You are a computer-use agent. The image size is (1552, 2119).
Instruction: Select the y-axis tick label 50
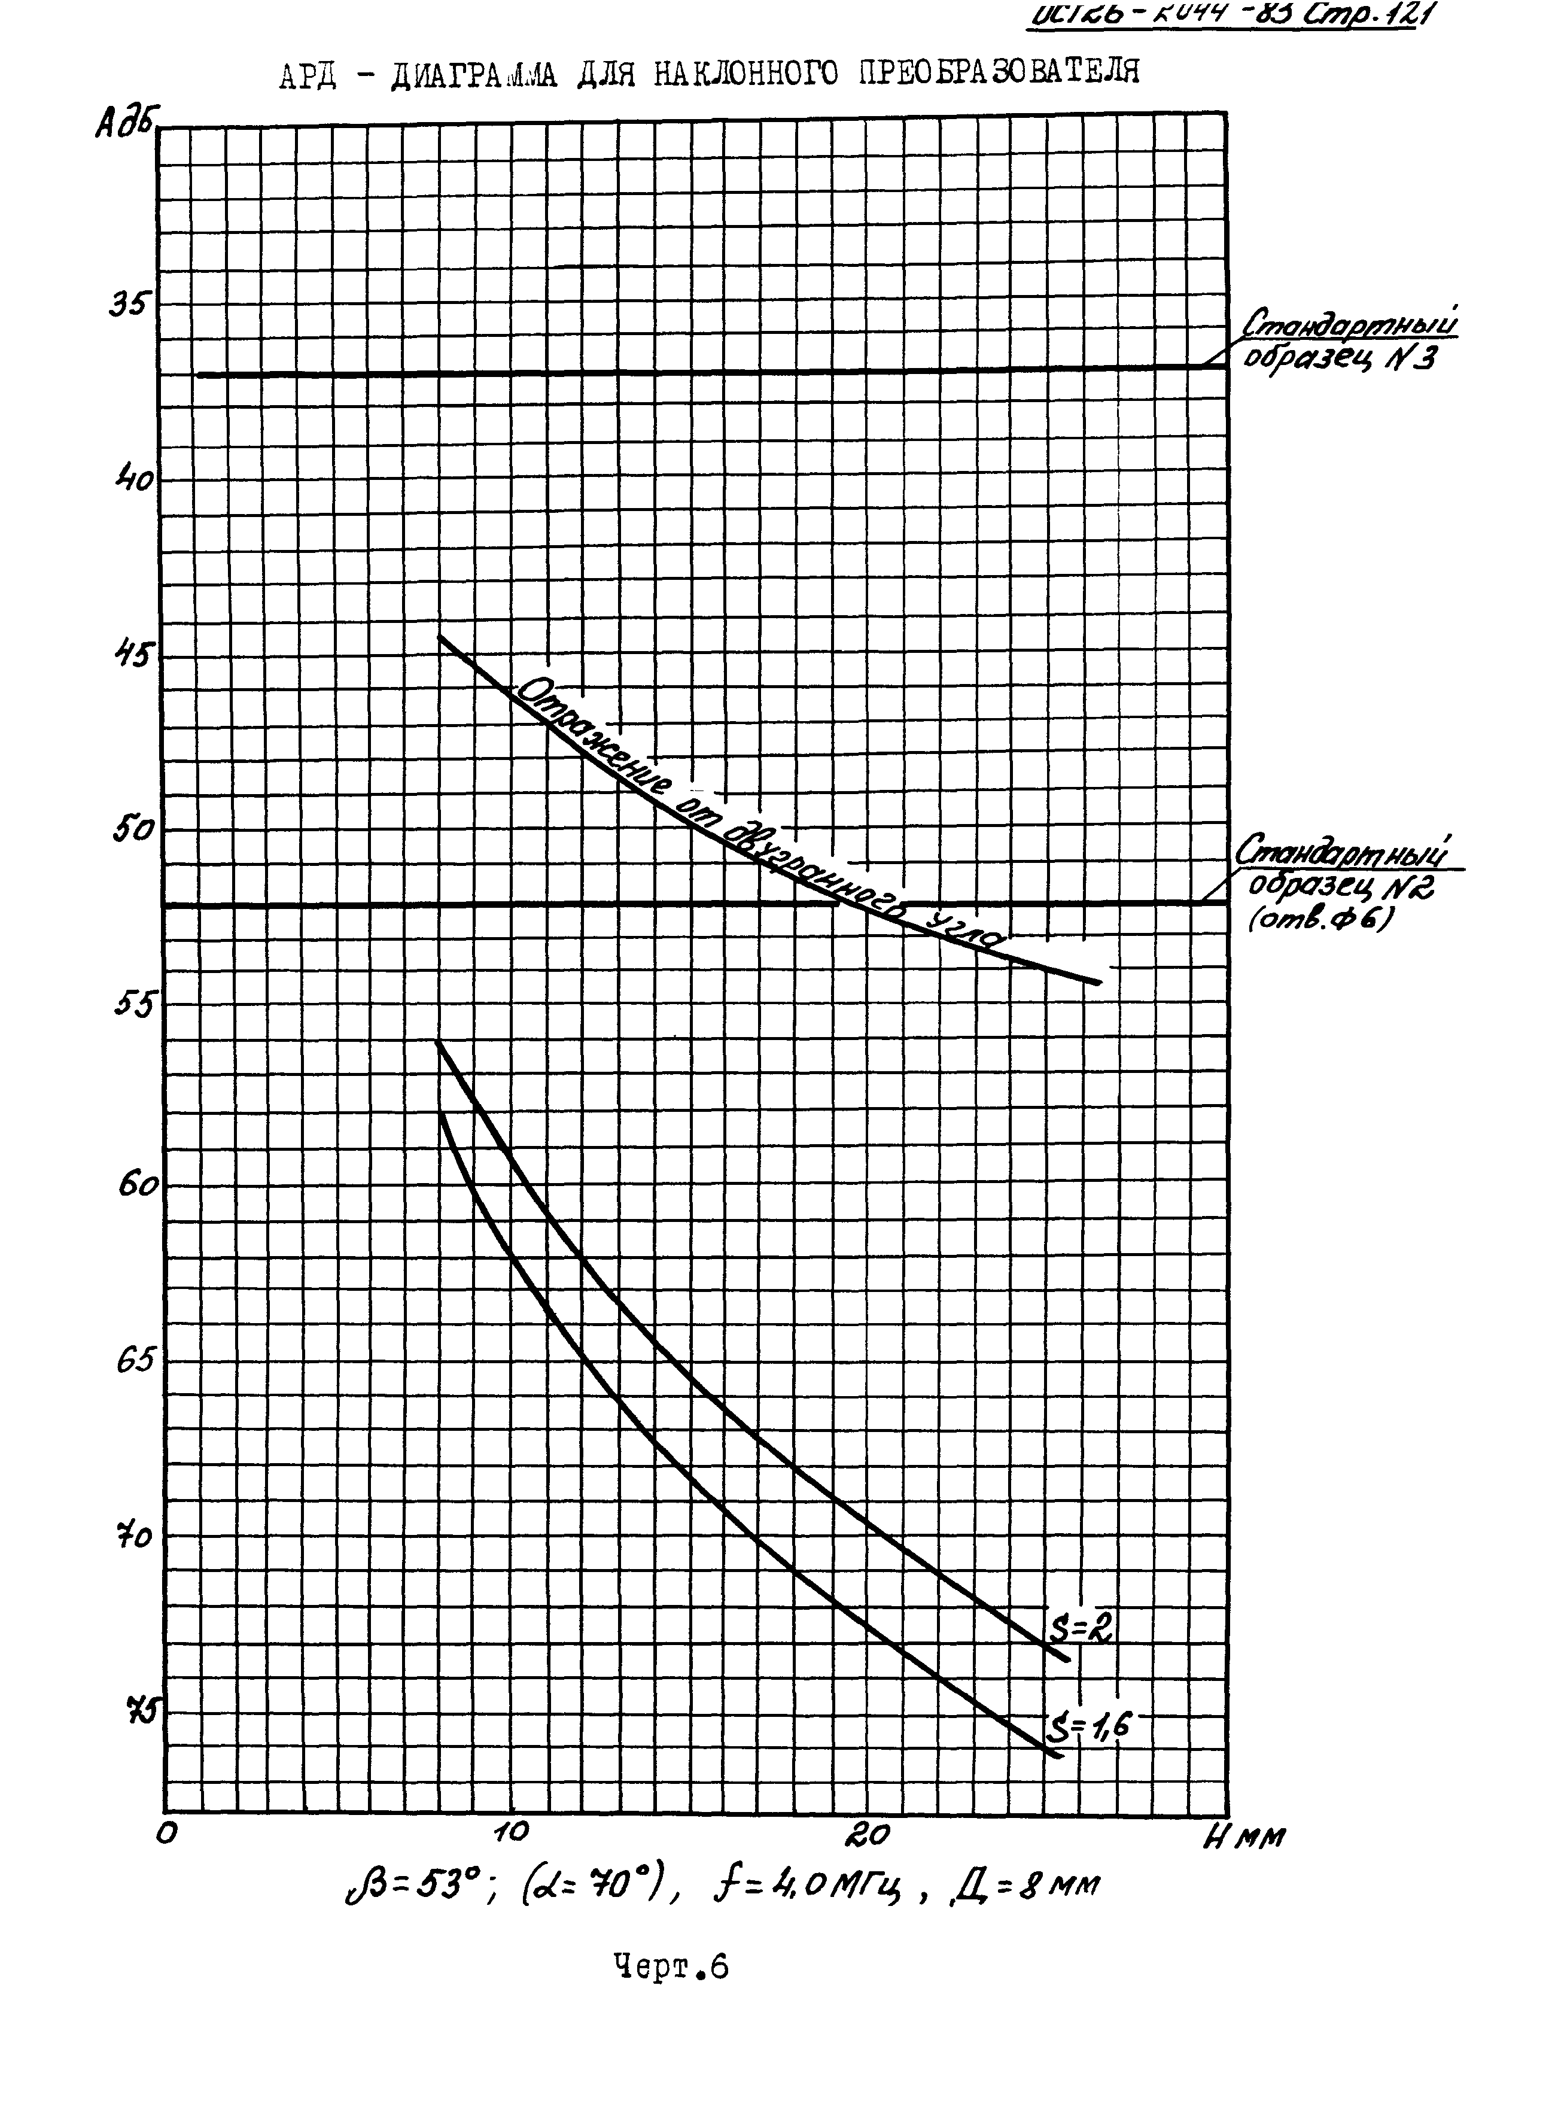point(132,830)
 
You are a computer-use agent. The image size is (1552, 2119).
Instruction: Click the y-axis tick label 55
point(132,1005)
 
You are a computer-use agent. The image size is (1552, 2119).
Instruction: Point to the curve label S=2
point(1081,1629)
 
